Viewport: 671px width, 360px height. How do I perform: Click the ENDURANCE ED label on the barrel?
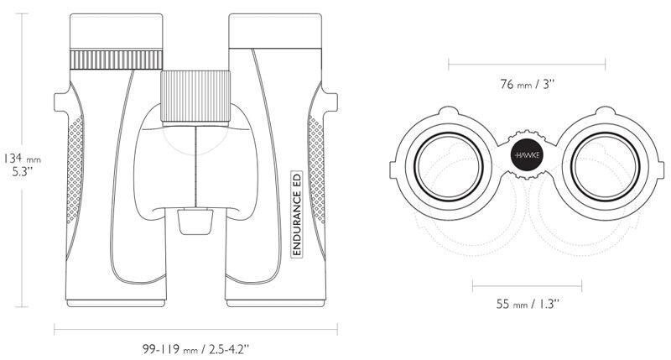(x=297, y=214)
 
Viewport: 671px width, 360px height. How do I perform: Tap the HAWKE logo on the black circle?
(x=527, y=155)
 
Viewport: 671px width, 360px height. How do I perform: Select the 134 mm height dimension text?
(x=23, y=159)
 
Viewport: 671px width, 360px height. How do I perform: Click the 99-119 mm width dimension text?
(x=195, y=349)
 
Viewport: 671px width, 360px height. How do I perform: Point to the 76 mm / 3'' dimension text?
(x=528, y=84)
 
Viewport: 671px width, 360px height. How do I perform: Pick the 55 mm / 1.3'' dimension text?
(x=528, y=304)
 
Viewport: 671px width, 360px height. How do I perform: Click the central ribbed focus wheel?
(x=195, y=97)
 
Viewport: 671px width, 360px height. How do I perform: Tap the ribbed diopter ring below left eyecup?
(x=116, y=60)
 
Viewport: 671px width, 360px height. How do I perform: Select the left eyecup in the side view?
(x=116, y=31)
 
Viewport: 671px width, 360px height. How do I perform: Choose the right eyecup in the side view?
(x=275, y=31)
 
